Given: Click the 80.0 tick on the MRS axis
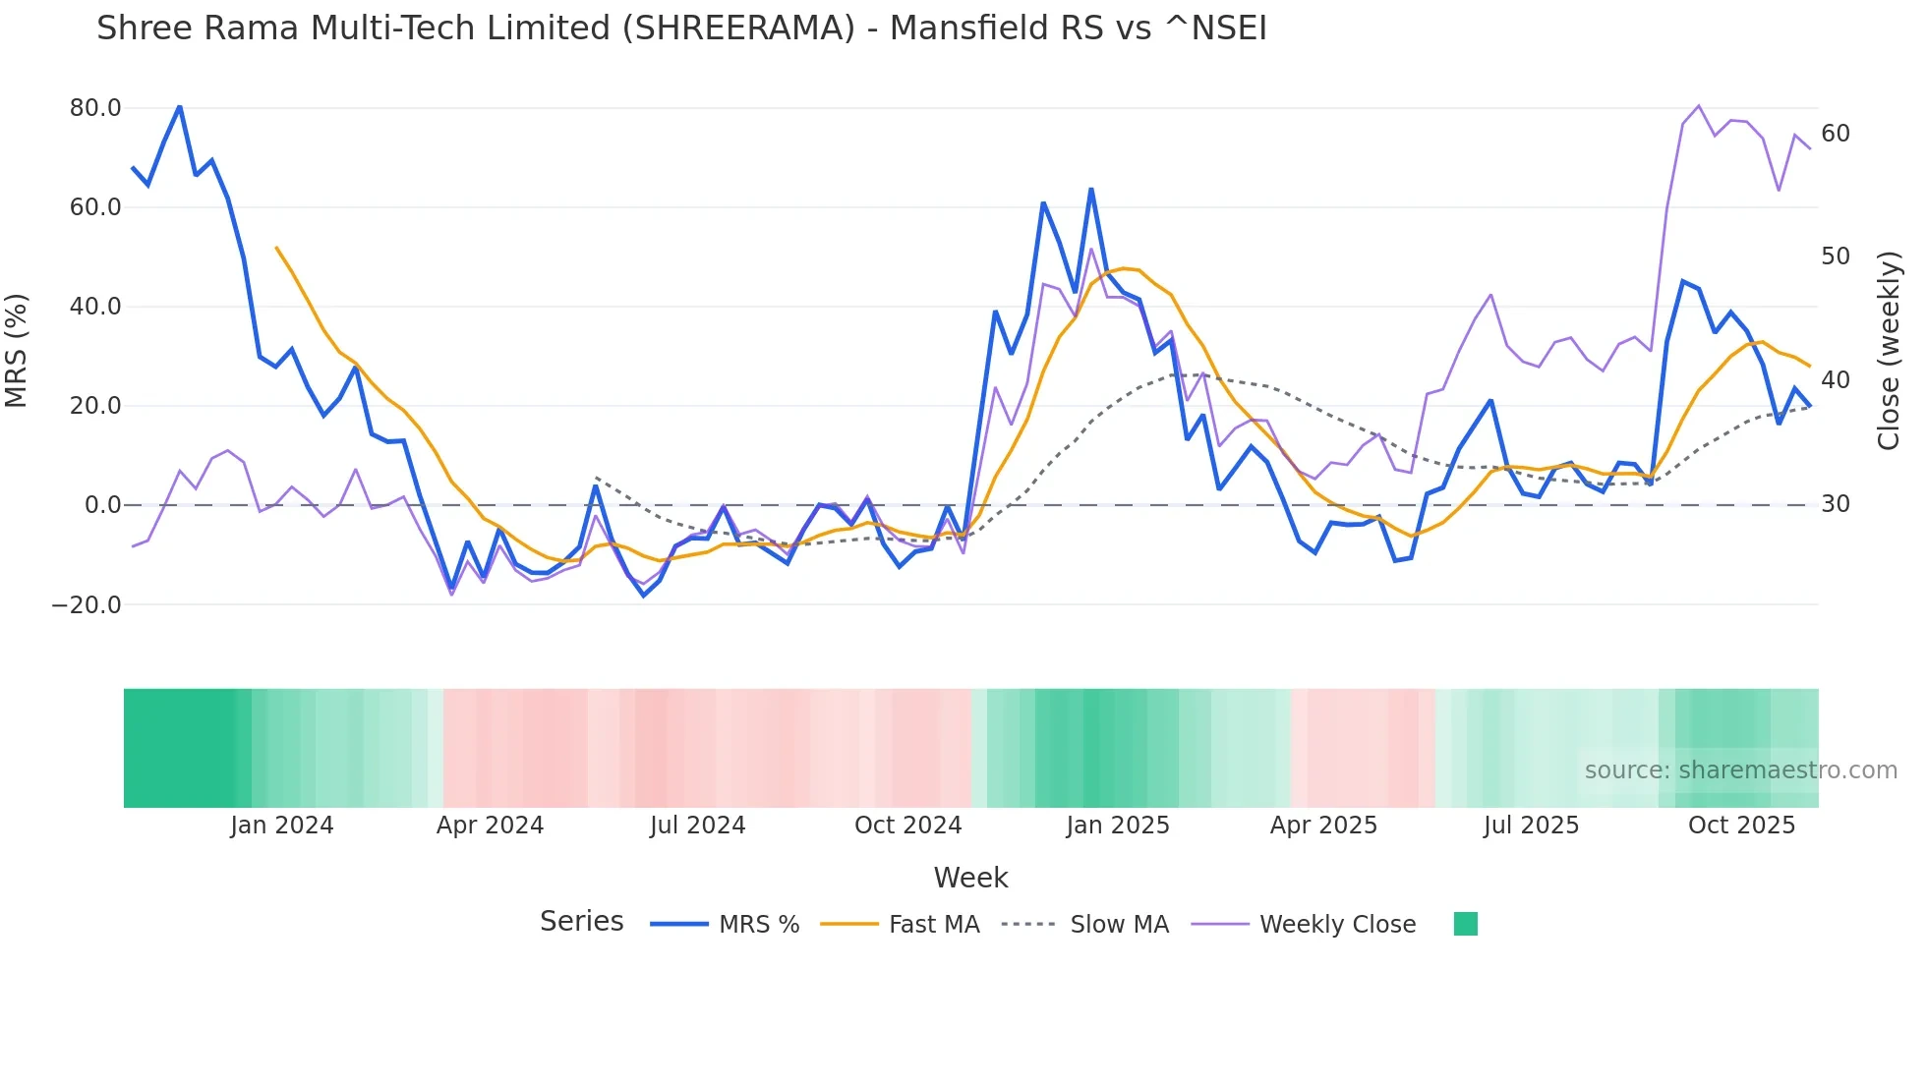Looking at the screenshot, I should [x=95, y=108].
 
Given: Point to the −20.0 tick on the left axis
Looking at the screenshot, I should [x=87, y=605].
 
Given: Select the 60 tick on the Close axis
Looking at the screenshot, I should [x=1836, y=134].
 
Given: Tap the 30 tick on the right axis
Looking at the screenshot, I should [x=1836, y=504].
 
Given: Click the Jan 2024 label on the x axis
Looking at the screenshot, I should [x=282, y=826].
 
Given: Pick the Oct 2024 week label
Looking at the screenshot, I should [x=907, y=826].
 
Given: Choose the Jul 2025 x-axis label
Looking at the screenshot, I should [x=1531, y=826].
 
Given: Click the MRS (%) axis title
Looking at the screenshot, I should [x=17, y=350].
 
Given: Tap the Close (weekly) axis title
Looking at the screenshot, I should [x=1888, y=351].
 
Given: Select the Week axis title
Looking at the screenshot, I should [x=970, y=878].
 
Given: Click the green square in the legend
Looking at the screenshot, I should [x=1465, y=924].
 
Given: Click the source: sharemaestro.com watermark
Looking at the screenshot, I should [x=1740, y=770].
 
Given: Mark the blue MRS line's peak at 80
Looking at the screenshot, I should [x=180, y=106].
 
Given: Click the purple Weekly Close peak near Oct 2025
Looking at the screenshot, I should [x=1698, y=106].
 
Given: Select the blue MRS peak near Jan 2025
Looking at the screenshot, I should [x=1091, y=190].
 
